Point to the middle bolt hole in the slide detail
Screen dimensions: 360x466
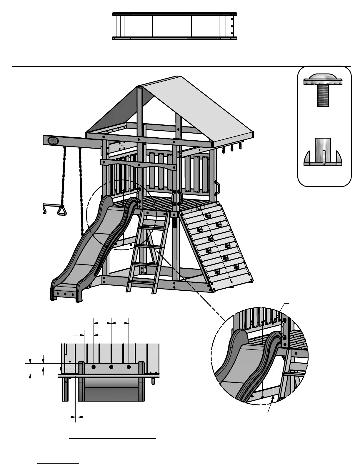point(111,367)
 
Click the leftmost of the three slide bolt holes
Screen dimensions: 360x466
point(94,367)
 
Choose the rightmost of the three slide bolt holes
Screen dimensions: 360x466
point(129,367)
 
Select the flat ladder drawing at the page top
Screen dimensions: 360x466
point(175,26)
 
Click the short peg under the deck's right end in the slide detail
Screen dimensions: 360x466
point(153,381)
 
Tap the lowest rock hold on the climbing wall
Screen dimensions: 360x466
point(217,272)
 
